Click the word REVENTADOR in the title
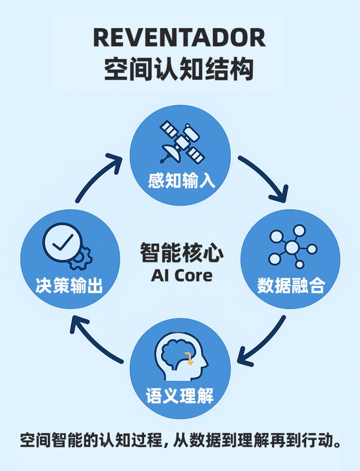click(180, 37)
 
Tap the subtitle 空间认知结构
click(180, 69)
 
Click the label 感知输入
click(181, 180)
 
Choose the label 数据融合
click(291, 286)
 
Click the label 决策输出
click(69, 286)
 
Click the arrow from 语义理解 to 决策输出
click(94, 340)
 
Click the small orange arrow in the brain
click(190, 358)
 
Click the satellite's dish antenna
click(168, 152)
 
